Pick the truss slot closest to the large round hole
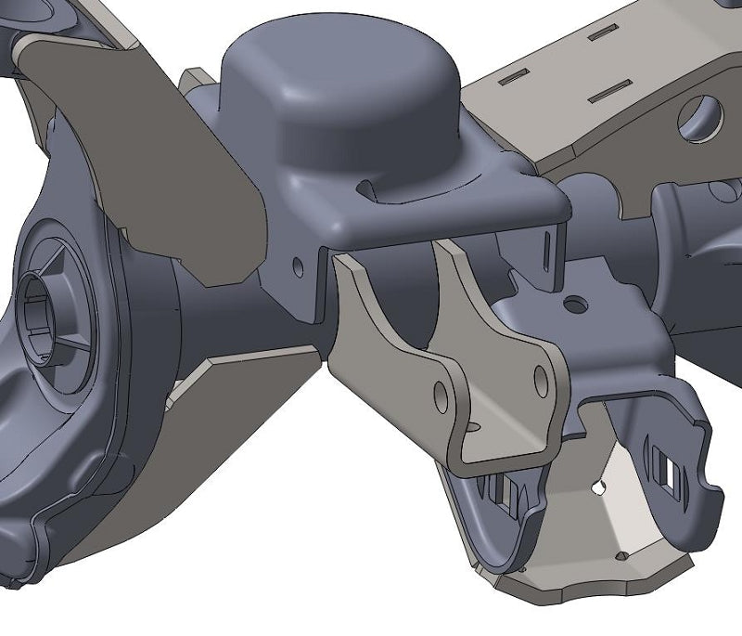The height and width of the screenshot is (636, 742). [x=608, y=89]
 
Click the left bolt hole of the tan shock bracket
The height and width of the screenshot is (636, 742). [x=441, y=395]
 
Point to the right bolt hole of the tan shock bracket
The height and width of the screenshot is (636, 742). [x=542, y=376]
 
